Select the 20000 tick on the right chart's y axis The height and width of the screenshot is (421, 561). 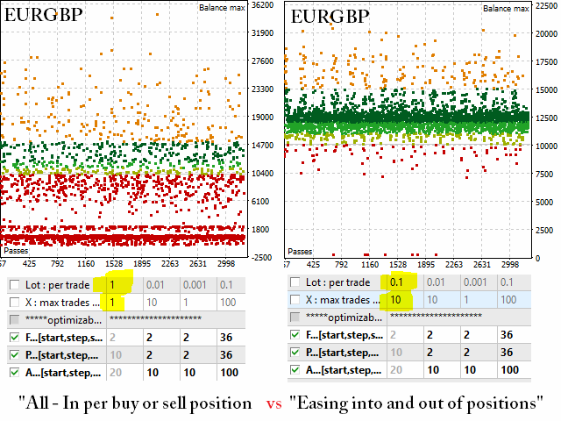coord(545,33)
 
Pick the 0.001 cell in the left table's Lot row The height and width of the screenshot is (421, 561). coord(195,285)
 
